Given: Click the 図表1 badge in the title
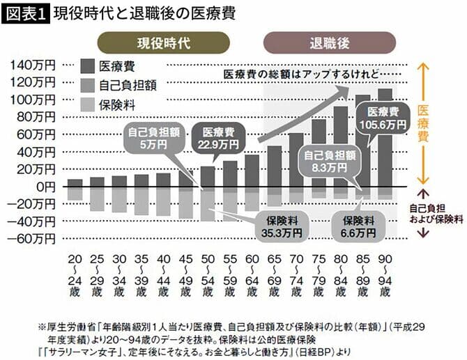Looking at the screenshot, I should (26, 12).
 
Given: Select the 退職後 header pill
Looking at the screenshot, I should (326, 42).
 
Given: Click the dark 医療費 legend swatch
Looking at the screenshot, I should (86, 67).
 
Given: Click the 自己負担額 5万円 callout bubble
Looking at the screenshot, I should (148, 137).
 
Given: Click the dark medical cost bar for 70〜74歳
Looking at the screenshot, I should (296, 160).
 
